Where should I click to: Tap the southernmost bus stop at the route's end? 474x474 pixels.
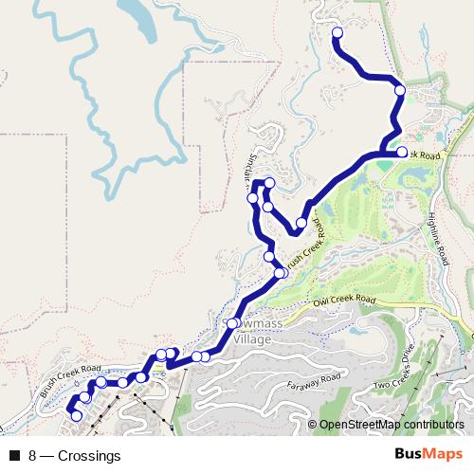click(76, 415)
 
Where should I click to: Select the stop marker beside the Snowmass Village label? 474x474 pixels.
click(232, 323)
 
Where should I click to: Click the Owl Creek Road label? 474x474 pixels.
click(342, 301)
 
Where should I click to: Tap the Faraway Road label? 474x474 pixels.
click(314, 381)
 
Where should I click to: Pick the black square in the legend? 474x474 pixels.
click(14, 455)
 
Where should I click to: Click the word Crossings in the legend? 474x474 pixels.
click(89, 455)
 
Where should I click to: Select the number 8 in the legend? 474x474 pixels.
click(33, 455)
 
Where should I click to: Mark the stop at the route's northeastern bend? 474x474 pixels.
click(400, 90)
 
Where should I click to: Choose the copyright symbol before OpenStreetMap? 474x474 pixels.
click(313, 426)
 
